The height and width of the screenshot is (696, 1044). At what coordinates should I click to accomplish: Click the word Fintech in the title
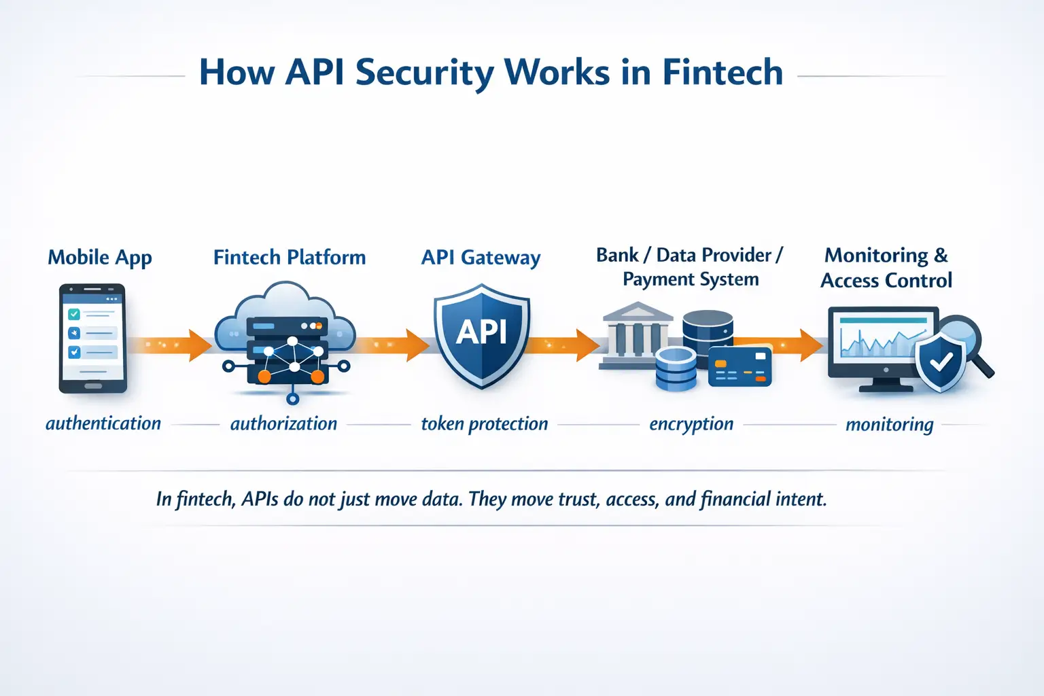[x=722, y=72]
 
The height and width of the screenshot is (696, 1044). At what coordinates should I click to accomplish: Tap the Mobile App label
[x=100, y=258]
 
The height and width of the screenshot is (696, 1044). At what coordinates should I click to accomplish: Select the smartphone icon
[x=92, y=338]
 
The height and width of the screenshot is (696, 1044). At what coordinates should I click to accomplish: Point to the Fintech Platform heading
[x=290, y=258]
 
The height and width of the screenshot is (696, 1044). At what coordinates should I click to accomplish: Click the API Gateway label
[x=481, y=258]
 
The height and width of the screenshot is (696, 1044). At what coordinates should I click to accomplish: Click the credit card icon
[x=739, y=366]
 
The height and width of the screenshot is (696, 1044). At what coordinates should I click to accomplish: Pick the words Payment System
[x=691, y=279]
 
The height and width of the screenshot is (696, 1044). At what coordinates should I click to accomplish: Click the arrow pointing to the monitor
[x=788, y=345]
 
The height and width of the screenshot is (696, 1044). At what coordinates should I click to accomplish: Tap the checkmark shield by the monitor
[x=941, y=363]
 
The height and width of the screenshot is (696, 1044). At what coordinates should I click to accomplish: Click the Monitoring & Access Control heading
[x=886, y=268]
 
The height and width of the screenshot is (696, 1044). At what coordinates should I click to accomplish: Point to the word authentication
[x=103, y=423]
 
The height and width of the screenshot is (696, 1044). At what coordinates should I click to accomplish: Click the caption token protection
[x=484, y=423]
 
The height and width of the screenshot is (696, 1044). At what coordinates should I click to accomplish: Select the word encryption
[x=691, y=423]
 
